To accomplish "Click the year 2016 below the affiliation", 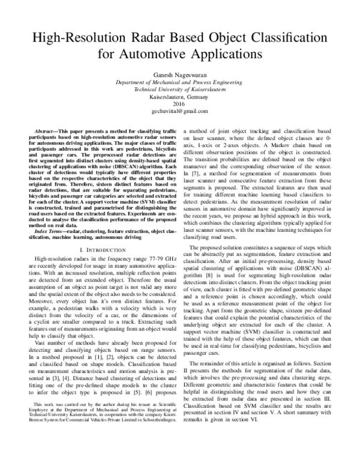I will click(179, 104).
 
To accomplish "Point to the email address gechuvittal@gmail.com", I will click(179, 112).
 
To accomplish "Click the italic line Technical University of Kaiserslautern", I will click(179, 88).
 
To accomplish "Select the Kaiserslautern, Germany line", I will click(179, 96).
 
